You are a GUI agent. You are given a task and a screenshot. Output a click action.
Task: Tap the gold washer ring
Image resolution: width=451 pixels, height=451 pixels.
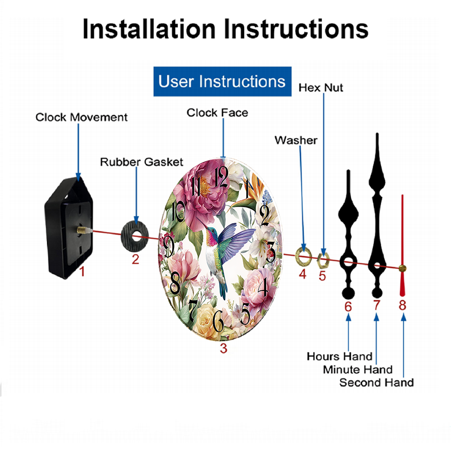(x=298, y=255)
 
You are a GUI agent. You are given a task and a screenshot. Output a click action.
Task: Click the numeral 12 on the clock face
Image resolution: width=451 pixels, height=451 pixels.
(x=221, y=177)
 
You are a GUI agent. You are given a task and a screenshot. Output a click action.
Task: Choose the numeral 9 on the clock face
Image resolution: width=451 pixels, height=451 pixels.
(x=168, y=246)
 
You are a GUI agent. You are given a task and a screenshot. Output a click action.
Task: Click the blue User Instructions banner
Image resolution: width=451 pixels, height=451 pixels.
(x=222, y=81)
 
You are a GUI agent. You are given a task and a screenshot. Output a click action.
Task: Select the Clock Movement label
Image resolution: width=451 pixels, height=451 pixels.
(x=81, y=117)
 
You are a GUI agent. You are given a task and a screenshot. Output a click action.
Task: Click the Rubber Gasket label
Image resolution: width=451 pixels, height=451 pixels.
(x=142, y=162)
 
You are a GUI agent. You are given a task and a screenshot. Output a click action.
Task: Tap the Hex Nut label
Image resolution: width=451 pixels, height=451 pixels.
(x=321, y=87)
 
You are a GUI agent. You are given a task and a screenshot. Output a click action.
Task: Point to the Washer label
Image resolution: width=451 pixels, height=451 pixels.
(x=296, y=140)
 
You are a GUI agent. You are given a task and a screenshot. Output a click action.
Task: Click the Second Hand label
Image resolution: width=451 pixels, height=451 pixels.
(x=377, y=382)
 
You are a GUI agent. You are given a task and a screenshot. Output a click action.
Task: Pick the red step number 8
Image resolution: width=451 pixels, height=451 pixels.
(x=402, y=305)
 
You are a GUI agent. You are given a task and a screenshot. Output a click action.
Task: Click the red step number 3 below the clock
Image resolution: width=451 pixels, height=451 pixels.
(x=224, y=348)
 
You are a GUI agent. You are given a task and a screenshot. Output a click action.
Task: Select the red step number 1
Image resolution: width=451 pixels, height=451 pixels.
(x=82, y=271)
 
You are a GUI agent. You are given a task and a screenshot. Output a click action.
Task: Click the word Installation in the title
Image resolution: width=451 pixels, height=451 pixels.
(x=149, y=29)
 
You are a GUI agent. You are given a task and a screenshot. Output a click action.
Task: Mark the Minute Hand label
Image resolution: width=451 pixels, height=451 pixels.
(x=358, y=369)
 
